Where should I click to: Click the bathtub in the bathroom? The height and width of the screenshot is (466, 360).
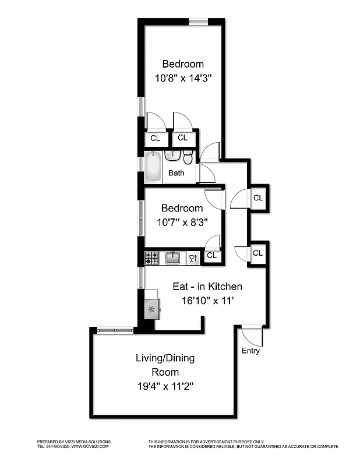(x=153, y=167)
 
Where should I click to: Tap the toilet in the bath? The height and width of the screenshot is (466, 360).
(x=188, y=157)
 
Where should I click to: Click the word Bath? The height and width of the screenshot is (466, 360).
(x=177, y=173)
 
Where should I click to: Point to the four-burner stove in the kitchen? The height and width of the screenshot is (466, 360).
(x=152, y=258)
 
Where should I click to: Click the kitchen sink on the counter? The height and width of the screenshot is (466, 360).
(x=172, y=257)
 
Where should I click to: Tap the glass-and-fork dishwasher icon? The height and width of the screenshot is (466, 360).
(x=193, y=258)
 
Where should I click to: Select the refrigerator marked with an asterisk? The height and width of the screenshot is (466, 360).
(x=152, y=309)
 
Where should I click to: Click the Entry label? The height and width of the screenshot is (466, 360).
(x=250, y=351)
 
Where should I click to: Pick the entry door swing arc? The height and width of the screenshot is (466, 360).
(x=252, y=337)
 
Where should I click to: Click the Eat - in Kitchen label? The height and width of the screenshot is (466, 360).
(x=207, y=287)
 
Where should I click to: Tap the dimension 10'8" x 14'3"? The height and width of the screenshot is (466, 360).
(x=183, y=78)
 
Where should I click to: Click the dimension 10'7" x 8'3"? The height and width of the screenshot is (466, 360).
(x=182, y=222)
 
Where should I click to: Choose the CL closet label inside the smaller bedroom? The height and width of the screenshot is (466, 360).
(x=211, y=255)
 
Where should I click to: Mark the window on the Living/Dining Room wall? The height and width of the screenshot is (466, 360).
(x=115, y=331)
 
